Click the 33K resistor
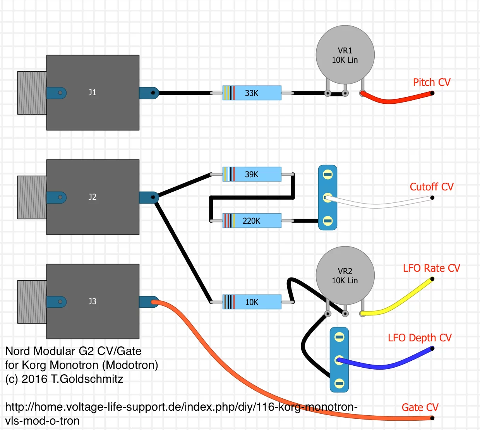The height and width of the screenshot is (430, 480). (252, 93)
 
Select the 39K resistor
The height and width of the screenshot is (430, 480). (252, 174)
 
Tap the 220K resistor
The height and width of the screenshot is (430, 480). (252, 221)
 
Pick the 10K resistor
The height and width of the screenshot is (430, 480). (252, 302)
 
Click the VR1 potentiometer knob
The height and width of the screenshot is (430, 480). (345, 55)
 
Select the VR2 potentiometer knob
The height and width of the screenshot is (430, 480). (345, 276)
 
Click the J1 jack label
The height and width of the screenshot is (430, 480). (92, 93)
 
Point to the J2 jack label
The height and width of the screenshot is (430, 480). (92, 197)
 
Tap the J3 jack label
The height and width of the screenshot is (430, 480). (92, 302)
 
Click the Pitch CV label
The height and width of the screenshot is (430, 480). (432, 82)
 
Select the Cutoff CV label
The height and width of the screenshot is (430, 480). (432, 187)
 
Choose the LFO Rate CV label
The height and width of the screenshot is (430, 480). (431, 268)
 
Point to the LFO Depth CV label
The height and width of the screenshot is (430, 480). (420, 338)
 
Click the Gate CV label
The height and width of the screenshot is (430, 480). (420, 408)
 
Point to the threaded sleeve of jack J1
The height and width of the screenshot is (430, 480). (32, 93)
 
